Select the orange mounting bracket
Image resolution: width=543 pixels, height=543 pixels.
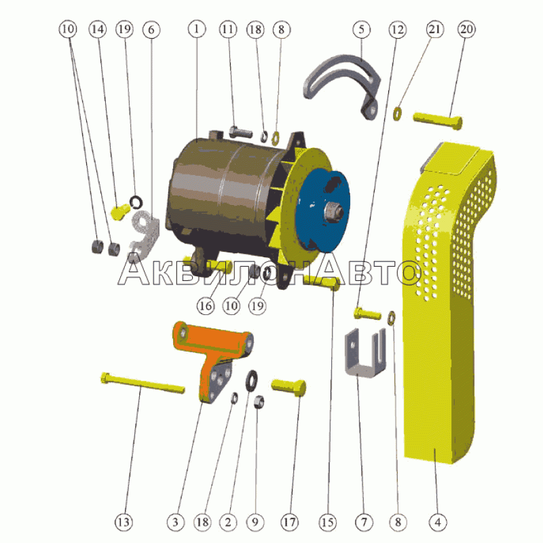click(x=211, y=357)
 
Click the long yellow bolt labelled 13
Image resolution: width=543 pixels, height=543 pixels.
click(x=143, y=383)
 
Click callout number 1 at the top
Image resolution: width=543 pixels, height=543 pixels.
click(x=197, y=29)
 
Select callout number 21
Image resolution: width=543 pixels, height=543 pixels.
click(x=434, y=29)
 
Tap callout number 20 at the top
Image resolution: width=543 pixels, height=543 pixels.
click(x=466, y=29)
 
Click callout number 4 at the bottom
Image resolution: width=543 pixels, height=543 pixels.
click(x=438, y=522)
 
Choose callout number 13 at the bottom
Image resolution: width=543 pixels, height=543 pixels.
click(x=124, y=522)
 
